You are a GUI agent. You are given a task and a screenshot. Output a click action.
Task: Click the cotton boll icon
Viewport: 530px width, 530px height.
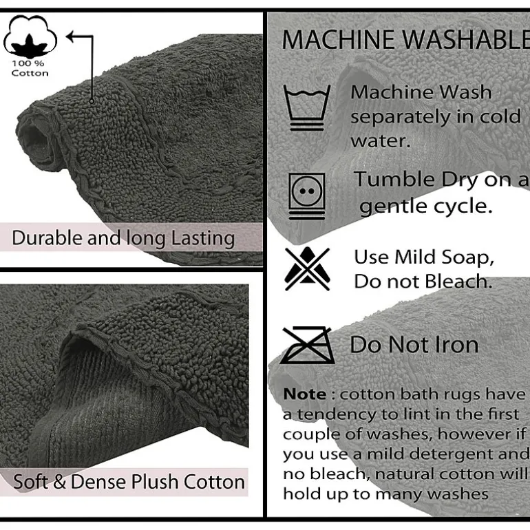pyautogui.click(x=30, y=36)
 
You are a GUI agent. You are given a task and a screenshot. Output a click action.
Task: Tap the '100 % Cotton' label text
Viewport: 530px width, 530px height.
pyautogui.click(x=30, y=68)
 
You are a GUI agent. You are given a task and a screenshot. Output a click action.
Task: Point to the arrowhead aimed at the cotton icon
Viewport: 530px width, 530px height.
pyautogui.click(x=70, y=36)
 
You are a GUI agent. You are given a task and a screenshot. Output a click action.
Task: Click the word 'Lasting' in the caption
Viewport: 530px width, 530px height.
pyautogui.click(x=203, y=239)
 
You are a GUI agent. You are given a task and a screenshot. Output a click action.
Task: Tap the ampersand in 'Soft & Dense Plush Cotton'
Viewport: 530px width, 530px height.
pyautogui.click(x=59, y=482)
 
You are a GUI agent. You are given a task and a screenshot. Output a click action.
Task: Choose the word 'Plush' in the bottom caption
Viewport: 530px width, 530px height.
pyautogui.click(x=154, y=482)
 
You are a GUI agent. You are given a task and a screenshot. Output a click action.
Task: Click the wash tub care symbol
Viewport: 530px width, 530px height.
pyautogui.click(x=307, y=108)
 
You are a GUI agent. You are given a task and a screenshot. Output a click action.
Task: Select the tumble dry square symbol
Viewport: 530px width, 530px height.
pyautogui.click(x=307, y=196)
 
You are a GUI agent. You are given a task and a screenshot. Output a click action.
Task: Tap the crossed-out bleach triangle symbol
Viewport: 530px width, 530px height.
pyautogui.click(x=307, y=268)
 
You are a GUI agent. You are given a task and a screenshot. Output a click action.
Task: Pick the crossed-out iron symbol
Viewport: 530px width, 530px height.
pyautogui.click(x=307, y=345)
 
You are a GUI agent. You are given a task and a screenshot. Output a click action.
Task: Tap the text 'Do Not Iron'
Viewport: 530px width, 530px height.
pyautogui.click(x=414, y=345)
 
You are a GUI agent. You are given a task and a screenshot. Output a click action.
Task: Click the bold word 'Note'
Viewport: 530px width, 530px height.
pyautogui.click(x=304, y=394)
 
